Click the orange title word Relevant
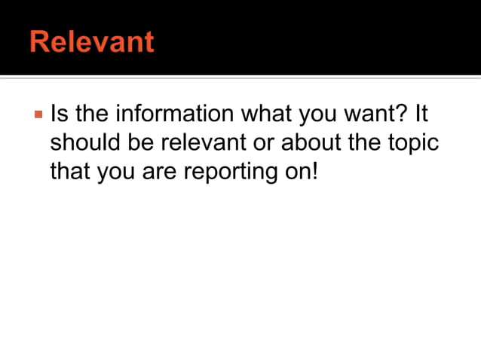click(91, 41)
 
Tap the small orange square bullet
click(36, 115)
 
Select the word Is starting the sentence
click(58, 115)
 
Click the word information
click(173, 115)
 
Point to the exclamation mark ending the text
click(315, 171)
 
